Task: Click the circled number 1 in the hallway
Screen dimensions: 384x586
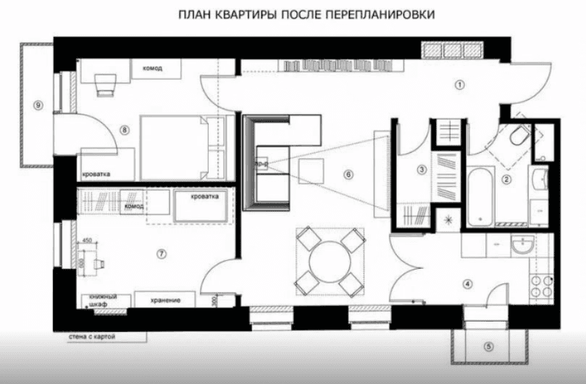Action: pyautogui.click(x=459, y=84)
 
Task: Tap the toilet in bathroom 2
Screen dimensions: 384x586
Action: pyautogui.click(x=518, y=138)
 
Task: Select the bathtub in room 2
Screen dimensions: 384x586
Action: pyautogui.click(x=480, y=196)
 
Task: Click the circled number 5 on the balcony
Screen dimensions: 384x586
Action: pyautogui.click(x=488, y=347)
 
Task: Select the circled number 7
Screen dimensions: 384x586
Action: pyautogui.click(x=162, y=254)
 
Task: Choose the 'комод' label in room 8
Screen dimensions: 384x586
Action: pyautogui.click(x=152, y=69)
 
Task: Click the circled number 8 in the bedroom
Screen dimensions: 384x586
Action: pyautogui.click(x=125, y=130)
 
